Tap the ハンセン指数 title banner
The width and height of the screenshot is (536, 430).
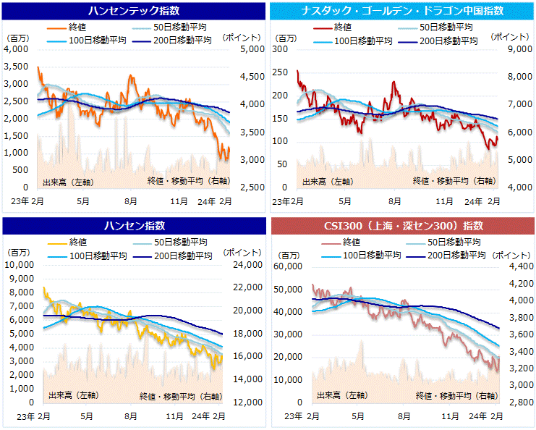tap(134, 225)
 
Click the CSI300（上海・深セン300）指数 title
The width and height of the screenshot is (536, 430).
tap(402, 225)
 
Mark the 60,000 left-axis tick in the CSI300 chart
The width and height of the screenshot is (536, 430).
tap(288, 266)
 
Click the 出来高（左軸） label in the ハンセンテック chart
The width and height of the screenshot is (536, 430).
tap(63, 181)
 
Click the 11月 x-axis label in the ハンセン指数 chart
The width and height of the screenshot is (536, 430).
tap(174, 416)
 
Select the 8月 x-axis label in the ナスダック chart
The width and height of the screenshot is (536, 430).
tap(395, 201)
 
